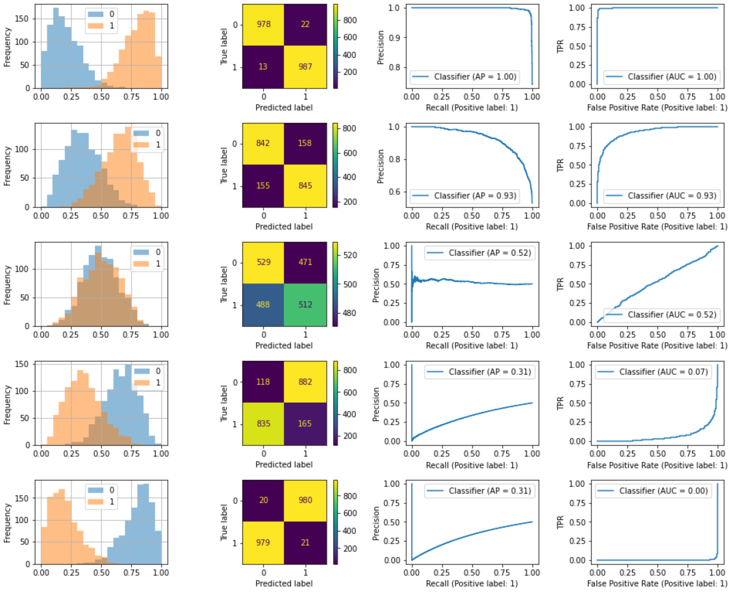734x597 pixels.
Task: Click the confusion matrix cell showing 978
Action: (x=263, y=24)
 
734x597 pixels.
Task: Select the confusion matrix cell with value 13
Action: (x=263, y=66)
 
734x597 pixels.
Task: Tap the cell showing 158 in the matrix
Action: (x=305, y=143)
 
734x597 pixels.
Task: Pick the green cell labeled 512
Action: (x=305, y=304)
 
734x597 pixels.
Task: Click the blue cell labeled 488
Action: (x=263, y=304)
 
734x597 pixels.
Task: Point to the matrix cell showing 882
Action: (x=305, y=382)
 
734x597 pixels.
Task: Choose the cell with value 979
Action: (x=263, y=542)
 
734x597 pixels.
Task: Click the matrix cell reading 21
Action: (x=305, y=542)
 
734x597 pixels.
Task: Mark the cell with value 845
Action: (x=305, y=185)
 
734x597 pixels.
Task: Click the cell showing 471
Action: (x=305, y=262)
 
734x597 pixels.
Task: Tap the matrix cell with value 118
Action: (x=263, y=382)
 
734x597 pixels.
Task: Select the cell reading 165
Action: (x=305, y=423)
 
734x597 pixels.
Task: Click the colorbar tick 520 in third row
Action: (x=350, y=255)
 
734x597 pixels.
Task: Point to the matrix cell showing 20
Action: (x=263, y=500)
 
